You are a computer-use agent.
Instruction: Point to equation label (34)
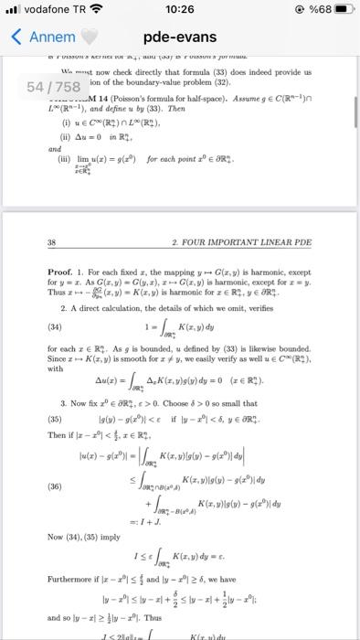[56, 321]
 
